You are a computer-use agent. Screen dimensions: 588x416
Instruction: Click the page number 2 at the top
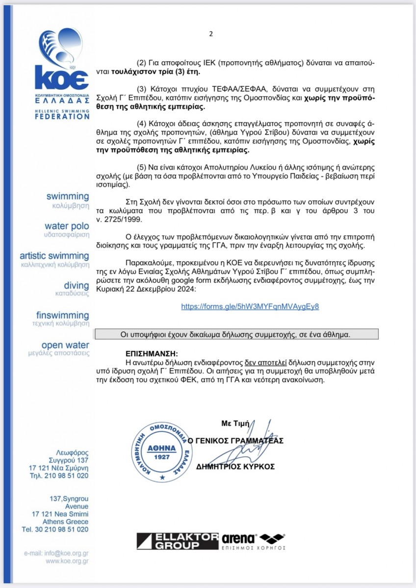coord(211,34)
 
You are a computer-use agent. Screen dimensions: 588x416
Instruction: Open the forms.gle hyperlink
coord(250,306)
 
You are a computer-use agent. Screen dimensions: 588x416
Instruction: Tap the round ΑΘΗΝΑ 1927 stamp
coord(162,448)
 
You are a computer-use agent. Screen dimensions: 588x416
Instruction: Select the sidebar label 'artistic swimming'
coord(54,256)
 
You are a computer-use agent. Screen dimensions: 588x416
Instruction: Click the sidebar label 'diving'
coord(77,285)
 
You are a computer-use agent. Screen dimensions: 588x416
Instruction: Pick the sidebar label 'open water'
coord(65,345)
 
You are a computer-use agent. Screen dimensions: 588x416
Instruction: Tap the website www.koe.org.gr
coord(67,562)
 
